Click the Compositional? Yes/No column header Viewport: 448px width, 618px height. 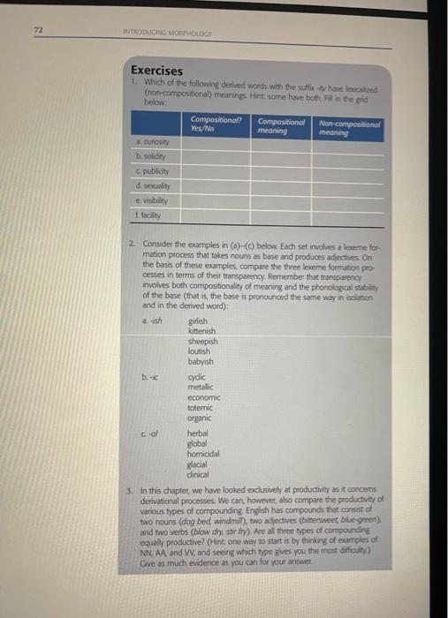(216, 124)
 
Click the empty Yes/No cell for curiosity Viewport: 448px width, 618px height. (216, 141)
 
